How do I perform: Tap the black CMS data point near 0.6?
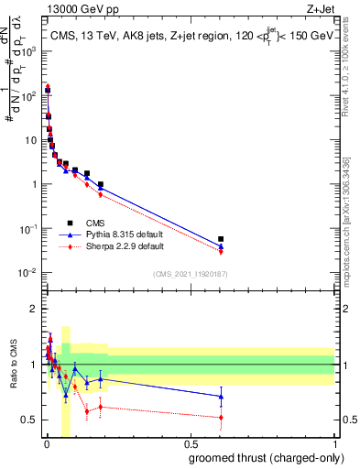coord(221,239)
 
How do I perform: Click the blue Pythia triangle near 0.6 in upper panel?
coord(221,246)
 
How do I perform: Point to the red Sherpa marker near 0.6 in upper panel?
coord(221,251)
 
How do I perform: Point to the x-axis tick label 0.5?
coord(191,444)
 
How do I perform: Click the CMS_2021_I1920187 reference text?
coord(191,274)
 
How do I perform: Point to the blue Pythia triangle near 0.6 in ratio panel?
coord(221,396)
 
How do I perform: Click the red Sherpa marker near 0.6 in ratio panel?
coord(221,418)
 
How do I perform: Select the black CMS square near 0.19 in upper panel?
coord(101,184)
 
